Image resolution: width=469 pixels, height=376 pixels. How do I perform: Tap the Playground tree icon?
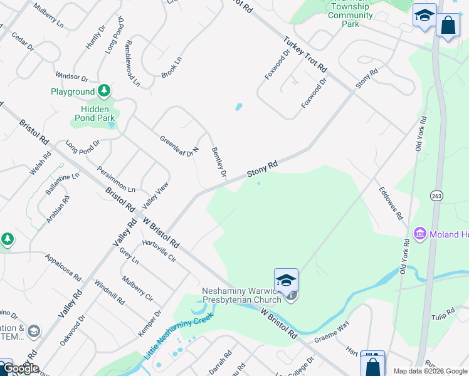pyautogui.click(x=104, y=91)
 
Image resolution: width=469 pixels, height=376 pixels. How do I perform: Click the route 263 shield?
pyautogui.click(x=436, y=196)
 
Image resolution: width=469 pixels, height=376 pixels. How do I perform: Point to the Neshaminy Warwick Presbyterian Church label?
pyautogui.click(x=244, y=295)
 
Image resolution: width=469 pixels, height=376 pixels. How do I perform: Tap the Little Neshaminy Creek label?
pyautogui.click(x=178, y=335)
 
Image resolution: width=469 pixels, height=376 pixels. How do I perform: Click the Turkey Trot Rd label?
pyautogui.click(x=305, y=53)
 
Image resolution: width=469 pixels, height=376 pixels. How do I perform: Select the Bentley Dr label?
pyautogui.click(x=218, y=162)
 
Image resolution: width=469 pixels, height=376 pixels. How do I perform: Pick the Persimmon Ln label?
pyautogui.click(x=116, y=179)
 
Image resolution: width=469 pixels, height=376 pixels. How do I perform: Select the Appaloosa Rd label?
pyautogui.click(x=63, y=267)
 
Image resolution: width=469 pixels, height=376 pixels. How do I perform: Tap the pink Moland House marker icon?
pyautogui.click(x=419, y=234)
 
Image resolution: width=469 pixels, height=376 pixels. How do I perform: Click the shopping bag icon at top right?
pyautogui.click(x=448, y=25)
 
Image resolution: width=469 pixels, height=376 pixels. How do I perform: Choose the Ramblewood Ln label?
pyautogui.click(x=132, y=63)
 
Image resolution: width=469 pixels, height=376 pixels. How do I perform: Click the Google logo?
pyautogui.click(x=21, y=369)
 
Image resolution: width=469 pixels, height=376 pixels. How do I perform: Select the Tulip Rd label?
pyautogui.click(x=443, y=313)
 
